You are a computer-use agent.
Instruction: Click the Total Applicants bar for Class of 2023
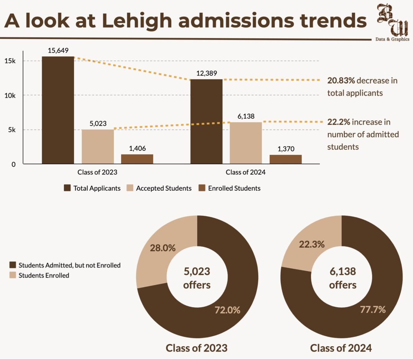(58, 110)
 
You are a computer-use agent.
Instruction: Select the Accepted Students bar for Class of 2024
(246, 143)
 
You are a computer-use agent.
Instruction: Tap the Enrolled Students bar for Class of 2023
(137, 159)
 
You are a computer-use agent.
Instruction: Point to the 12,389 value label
(206, 73)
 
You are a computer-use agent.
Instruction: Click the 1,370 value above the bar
(286, 149)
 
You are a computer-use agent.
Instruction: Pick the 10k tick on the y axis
(10, 95)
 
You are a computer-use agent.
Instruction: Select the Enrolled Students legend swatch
(202, 188)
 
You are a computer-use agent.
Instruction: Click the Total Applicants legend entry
(92, 188)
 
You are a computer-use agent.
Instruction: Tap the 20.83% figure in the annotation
(341, 81)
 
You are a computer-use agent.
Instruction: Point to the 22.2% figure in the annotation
(339, 122)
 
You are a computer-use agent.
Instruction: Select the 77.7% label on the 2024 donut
(373, 309)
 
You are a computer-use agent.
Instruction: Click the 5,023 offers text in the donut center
(197, 278)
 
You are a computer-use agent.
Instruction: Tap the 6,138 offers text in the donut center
(343, 278)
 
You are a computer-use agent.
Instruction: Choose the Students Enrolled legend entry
(39, 275)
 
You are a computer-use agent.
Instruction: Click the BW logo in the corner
(392, 22)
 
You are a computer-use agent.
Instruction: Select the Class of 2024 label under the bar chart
(246, 172)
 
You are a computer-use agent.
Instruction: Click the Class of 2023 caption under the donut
(197, 348)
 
